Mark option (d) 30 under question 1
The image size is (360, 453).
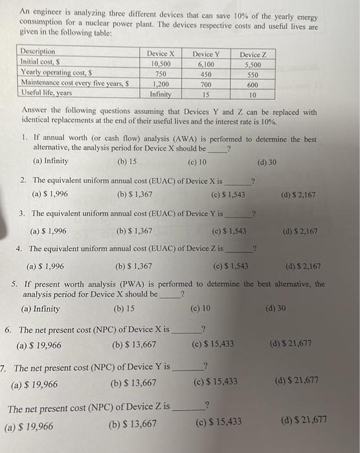pos(267,161)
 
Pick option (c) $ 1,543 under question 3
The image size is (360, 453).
pos(229,230)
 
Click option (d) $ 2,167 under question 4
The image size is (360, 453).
pos(302,266)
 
